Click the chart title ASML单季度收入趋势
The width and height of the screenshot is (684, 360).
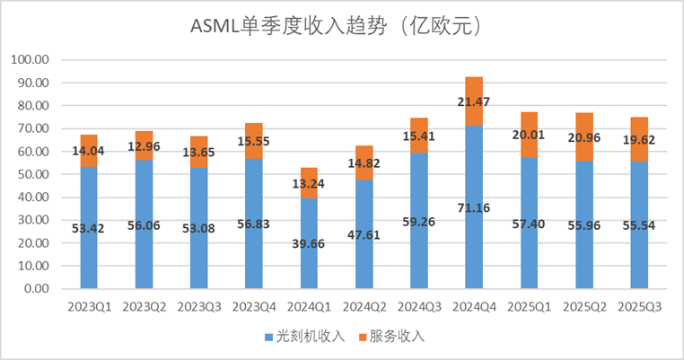pyautogui.click(x=341, y=26)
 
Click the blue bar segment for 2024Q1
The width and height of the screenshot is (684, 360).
pyautogui.click(x=309, y=260)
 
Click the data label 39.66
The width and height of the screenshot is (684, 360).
pyautogui.click(x=309, y=244)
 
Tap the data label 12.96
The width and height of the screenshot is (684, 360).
pyautogui.click(x=144, y=147)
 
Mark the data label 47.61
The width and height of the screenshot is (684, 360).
pyautogui.click(x=364, y=243)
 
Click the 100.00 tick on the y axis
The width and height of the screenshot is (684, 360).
pyautogui.click(x=31, y=60)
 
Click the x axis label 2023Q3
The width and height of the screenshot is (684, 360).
pyautogui.click(x=198, y=307)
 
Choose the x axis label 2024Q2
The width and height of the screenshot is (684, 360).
pyautogui.click(x=364, y=307)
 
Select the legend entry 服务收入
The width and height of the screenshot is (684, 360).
pyautogui.click(x=396, y=338)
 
